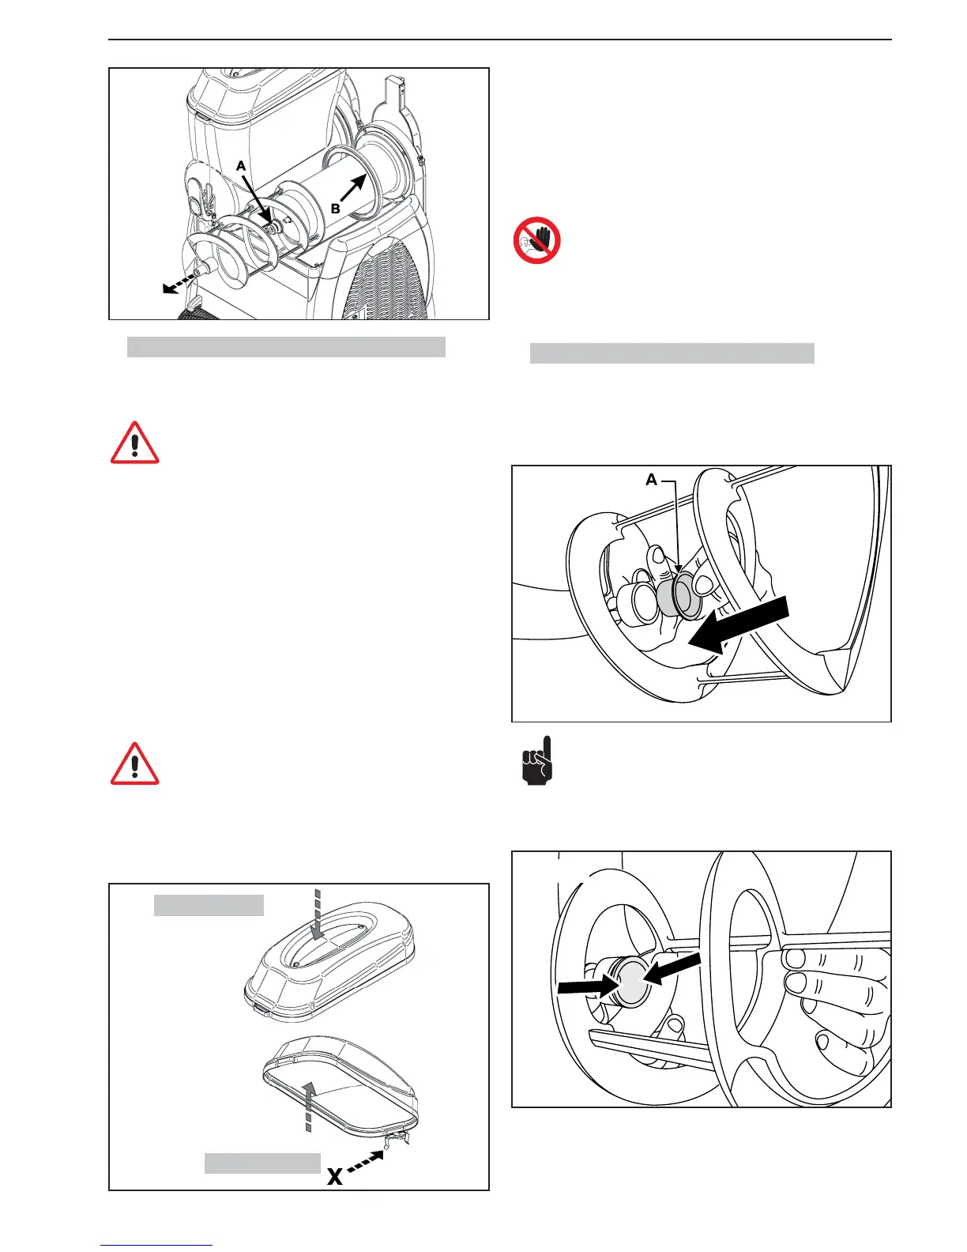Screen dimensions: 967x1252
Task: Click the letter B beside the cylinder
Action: [336, 209]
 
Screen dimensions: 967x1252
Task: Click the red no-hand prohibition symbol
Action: [537, 241]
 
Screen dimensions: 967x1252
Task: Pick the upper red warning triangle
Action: [135, 443]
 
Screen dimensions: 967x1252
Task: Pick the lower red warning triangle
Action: [135, 764]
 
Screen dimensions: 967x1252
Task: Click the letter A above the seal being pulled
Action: [652, 480]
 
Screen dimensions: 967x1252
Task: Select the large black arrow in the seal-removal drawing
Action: [742, 625]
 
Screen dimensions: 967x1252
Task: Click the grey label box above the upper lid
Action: [209, 905]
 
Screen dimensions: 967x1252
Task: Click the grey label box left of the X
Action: [262, 1163]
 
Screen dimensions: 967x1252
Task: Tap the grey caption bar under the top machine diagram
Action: [286, 346]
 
